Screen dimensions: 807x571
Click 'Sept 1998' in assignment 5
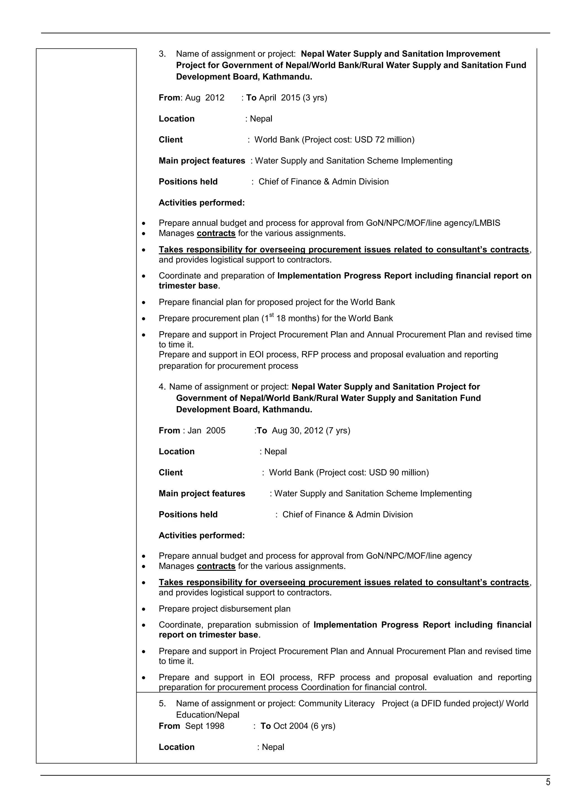tap(205, 726)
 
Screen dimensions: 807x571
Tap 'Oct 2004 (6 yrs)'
tap(304, 726)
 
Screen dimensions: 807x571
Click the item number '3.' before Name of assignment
tap(162, 54)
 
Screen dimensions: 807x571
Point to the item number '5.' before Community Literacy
tap(162, 703)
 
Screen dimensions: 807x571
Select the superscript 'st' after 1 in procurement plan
tap(272, 315)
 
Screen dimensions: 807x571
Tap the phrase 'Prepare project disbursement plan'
tap(224, 609)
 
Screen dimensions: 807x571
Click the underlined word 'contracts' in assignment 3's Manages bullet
tap(216, 233)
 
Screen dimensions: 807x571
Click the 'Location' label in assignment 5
tap(176, 747)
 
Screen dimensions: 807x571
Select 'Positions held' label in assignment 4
tap(188, 514)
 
